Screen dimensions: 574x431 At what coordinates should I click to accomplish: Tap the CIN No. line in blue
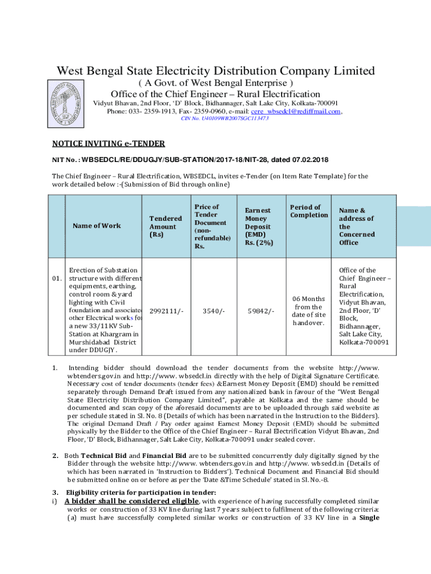coord(225,119)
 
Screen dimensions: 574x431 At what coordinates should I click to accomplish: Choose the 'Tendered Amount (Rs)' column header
coord(166,226)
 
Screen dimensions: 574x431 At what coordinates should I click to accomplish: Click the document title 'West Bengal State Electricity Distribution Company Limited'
coord(215,71)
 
